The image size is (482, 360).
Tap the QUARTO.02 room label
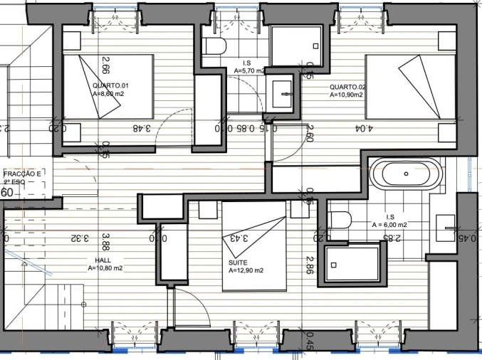(x=347, y=88)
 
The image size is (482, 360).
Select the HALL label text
(x=103, y=260)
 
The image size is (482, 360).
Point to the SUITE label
(x=238, y=262)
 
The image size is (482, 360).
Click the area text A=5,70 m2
(x=250, y=71)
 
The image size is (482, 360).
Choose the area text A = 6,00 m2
(x=389, y=224)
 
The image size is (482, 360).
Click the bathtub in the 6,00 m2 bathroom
(x=405, y=174)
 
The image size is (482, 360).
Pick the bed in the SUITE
(x=253, y=245)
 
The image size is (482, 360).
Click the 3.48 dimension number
(x=142, y=129)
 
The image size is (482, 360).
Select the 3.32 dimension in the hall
(x=80, y=238)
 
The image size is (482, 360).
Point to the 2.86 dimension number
(x=310, y=264)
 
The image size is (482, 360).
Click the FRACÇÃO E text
(x=22, y=173)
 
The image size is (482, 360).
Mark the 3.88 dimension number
(x=105, y=241)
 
